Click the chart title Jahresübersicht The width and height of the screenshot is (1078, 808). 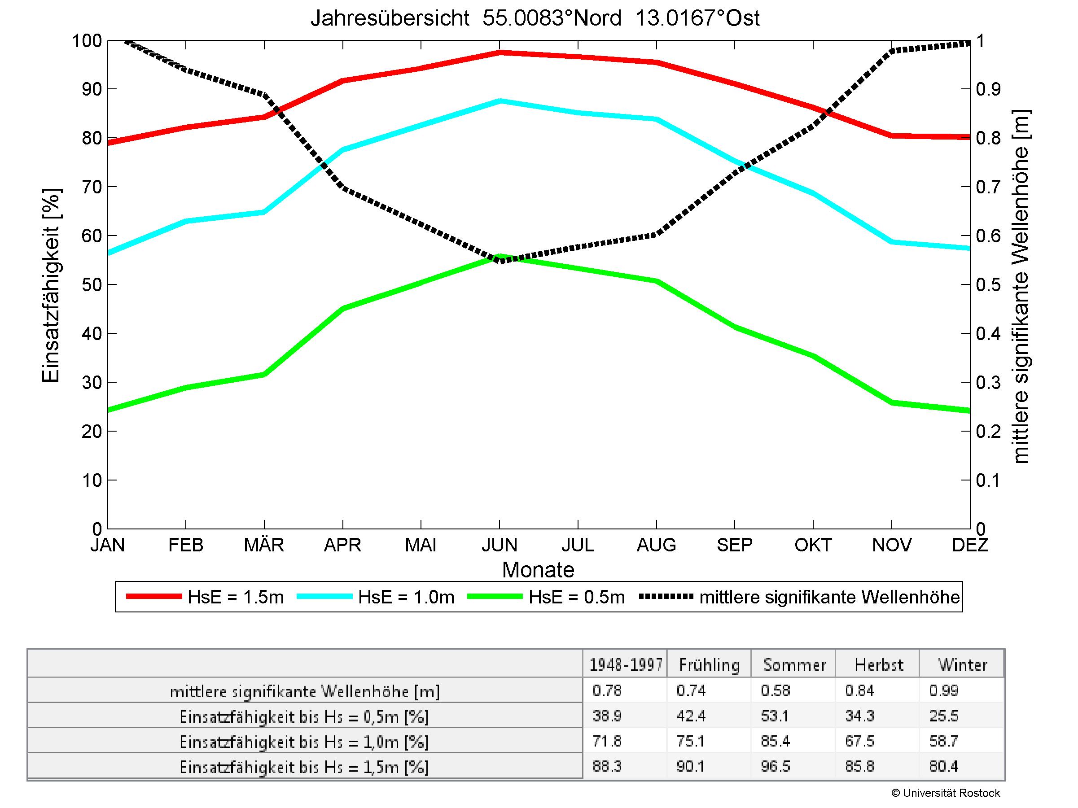tap(535, 18)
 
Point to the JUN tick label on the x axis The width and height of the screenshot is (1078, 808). tap(499, 545)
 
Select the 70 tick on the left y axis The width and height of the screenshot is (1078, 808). tap(92, 187)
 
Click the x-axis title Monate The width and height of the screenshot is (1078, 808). tap(538, 570)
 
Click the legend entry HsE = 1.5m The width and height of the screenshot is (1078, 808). tap(235, 597)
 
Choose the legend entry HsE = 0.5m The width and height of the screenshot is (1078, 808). tap(577, 597)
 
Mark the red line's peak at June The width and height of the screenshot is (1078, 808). tap(500, 52)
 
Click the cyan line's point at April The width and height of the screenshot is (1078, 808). tap(342, 149)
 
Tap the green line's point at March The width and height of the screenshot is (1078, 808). tap(264, 374)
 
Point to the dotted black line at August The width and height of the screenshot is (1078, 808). tap(657, 234)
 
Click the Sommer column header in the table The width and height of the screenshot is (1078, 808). tap(794, 665)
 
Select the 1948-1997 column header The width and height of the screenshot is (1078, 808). tap(626, 665)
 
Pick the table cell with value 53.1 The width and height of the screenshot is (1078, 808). tap(775, 716)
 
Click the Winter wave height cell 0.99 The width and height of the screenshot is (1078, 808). tap(943, 690)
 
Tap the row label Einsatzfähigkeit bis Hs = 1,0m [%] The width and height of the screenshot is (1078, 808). tap(304, 742)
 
